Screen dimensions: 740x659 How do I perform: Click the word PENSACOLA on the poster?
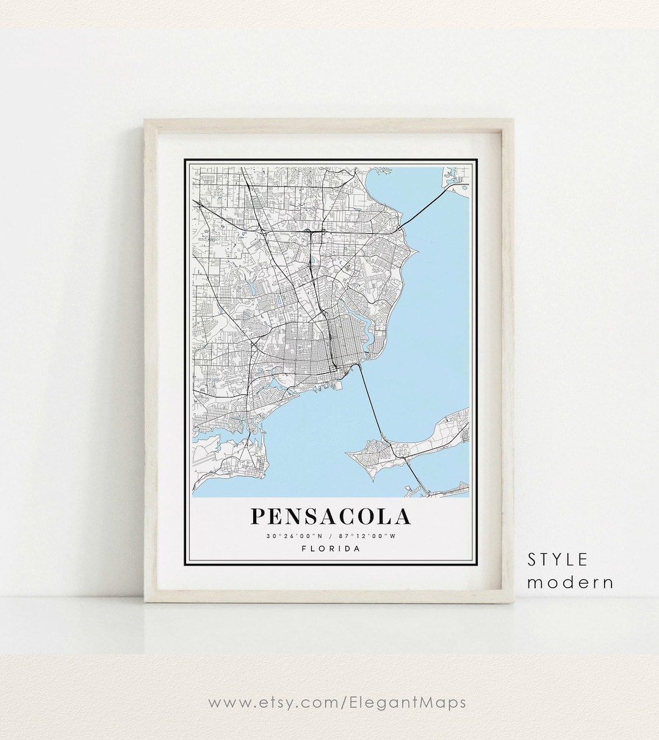click(x=330, y=517)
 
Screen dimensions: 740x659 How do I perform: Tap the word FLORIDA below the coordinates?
click(x=331, y=548)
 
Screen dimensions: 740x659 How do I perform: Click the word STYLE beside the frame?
click(x=558, y=559)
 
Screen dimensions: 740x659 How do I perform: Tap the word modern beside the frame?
click(x=571, y=582)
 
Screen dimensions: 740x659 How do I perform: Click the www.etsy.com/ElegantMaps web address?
click(x=337, y=703)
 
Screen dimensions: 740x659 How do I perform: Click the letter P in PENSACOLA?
click(x=258, y=517)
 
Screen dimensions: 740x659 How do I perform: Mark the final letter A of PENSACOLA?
click(x=403, y=517)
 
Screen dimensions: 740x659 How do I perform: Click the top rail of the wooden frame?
click(x=329, y=125)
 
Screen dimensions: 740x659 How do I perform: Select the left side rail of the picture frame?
click(x=150, y=360)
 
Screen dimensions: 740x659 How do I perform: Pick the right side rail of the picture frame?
click(x=508, y=360)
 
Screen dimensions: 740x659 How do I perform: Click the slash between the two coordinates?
click(x=330, y=537)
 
